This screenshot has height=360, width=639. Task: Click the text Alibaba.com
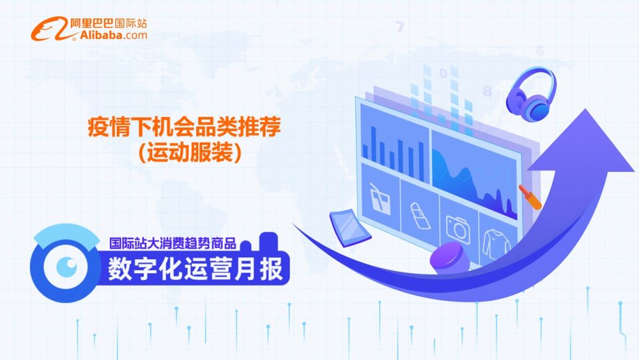[x=113, y=35]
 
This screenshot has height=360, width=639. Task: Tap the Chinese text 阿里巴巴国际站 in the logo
[x=109, y=23]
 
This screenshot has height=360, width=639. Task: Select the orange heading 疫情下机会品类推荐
[x=184, y=127]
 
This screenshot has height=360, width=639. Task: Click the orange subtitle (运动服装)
[x=190, y=152]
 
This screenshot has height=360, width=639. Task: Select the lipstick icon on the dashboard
[x=420, y=215]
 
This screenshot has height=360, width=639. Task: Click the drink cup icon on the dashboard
[x=380, y=199]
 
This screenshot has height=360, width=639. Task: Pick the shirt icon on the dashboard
[x=496, y=244]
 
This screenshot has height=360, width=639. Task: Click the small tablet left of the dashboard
[x=350, y=228]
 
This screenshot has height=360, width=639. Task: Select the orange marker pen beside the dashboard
[x=530, y=197]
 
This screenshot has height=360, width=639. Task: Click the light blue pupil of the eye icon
[x=66, y=266]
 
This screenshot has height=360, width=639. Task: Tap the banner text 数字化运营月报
[x=195, y=269]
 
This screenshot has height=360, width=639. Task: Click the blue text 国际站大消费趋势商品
[x=173, y=244]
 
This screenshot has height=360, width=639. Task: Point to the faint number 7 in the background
[x=400, y=27]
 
